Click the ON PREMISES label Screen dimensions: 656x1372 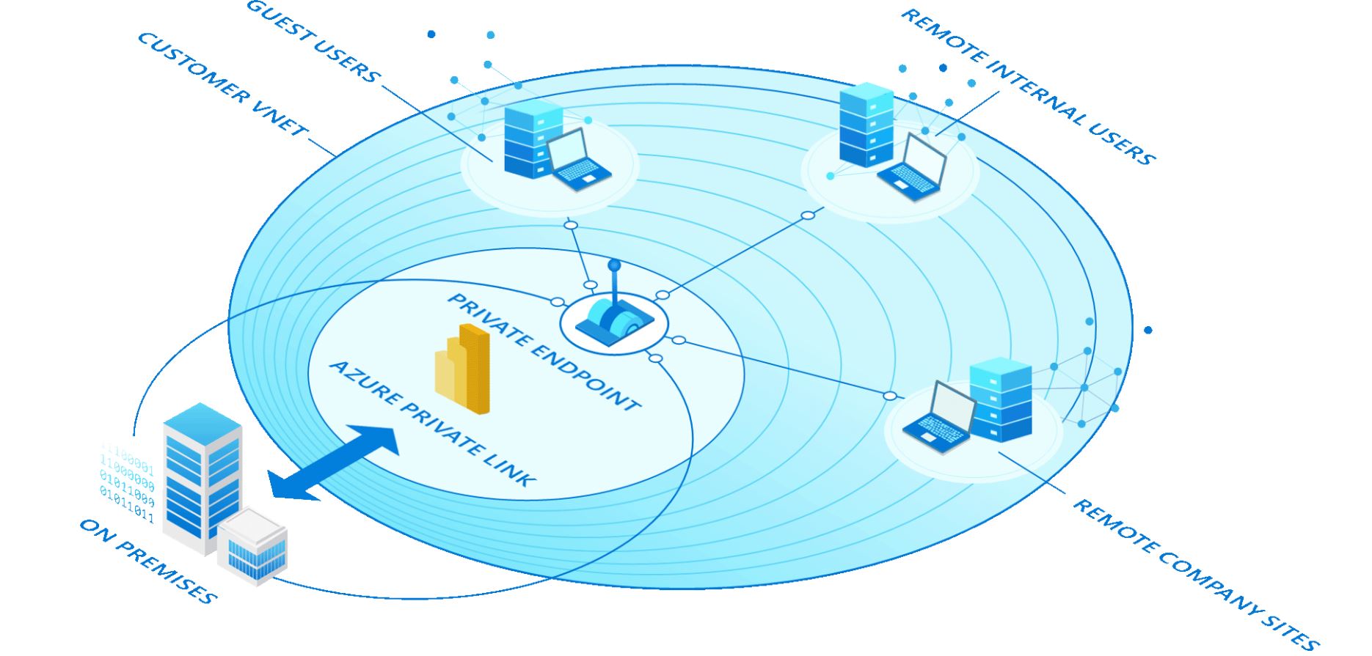click(147, 561)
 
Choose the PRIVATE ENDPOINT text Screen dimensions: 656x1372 click(543, 352)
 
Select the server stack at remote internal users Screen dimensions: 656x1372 click(866, 125)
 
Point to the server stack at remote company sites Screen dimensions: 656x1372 click(1001, 399)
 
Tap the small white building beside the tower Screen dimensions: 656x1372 click(252, 546)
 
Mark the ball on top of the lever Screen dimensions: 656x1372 click(614, 265)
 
